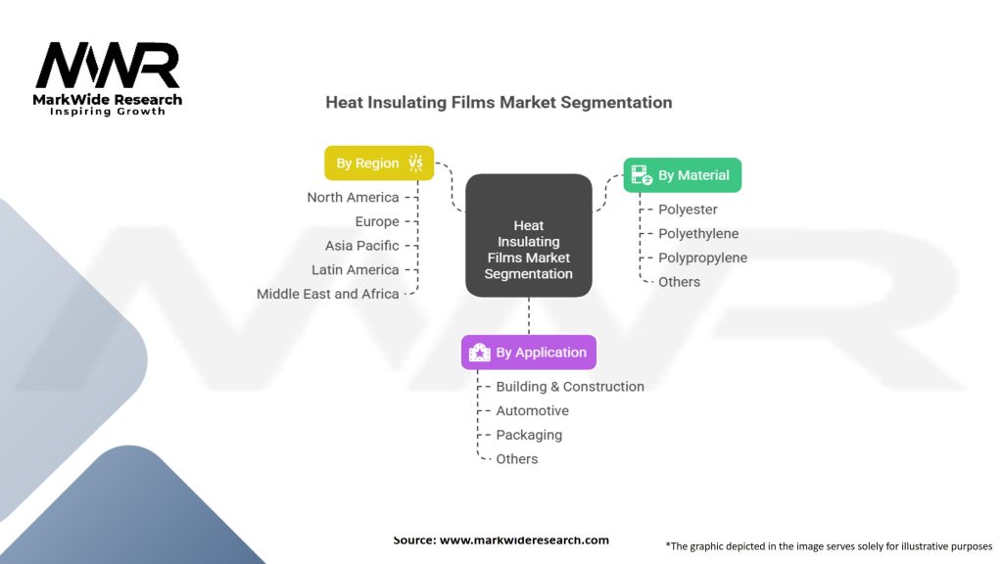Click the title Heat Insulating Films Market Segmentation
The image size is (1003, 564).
[x=499, y=103]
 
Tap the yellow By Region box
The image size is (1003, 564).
[x=378, y=164]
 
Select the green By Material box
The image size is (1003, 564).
[x=683, y=175]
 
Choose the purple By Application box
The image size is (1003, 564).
[x=529, y=352]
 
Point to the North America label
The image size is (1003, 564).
[x=353, y=198]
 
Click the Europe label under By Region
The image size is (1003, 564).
[x=377, y=222]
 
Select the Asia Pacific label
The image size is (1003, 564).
[x=362, y=246]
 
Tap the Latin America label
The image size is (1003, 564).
[x=356, y=270]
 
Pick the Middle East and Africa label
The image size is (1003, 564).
[x=328, y=294]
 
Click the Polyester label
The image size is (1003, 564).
[x=688, y=210]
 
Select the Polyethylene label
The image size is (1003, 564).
[x=698, y=234]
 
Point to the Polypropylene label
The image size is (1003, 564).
[x=702, y=258]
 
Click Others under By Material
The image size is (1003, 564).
[x=679, y=282]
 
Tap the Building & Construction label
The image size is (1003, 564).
[x=570, y=387]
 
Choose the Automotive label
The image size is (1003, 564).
[x=532, y=411]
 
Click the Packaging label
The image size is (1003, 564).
[x=529, y=435]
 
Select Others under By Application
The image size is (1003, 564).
[x=517, y=459]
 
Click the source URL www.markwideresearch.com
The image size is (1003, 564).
[x=523, y=540]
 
